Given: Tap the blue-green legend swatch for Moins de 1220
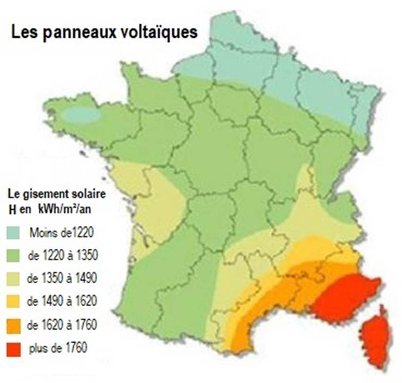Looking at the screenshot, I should [14, 232].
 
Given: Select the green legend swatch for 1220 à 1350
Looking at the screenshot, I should [14, 256].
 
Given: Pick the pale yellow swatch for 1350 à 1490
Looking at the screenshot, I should [14, 278].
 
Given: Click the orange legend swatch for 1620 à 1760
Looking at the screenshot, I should [14, 325].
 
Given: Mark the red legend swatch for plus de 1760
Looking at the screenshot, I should [14, 349].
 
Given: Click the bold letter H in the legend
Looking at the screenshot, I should [12, 208].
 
